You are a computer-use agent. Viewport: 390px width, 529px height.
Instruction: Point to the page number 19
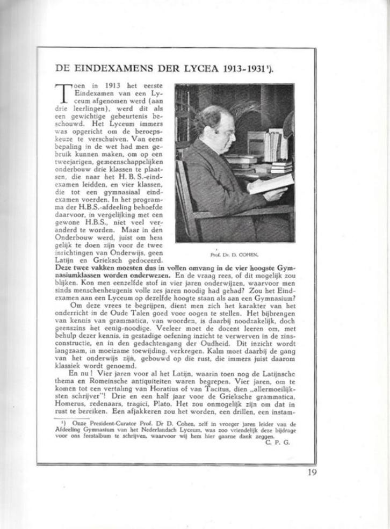click(313, 473)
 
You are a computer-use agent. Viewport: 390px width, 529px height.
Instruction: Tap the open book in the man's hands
click(271, 184)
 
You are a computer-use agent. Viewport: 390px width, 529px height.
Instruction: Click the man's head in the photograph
click(216, 125)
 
